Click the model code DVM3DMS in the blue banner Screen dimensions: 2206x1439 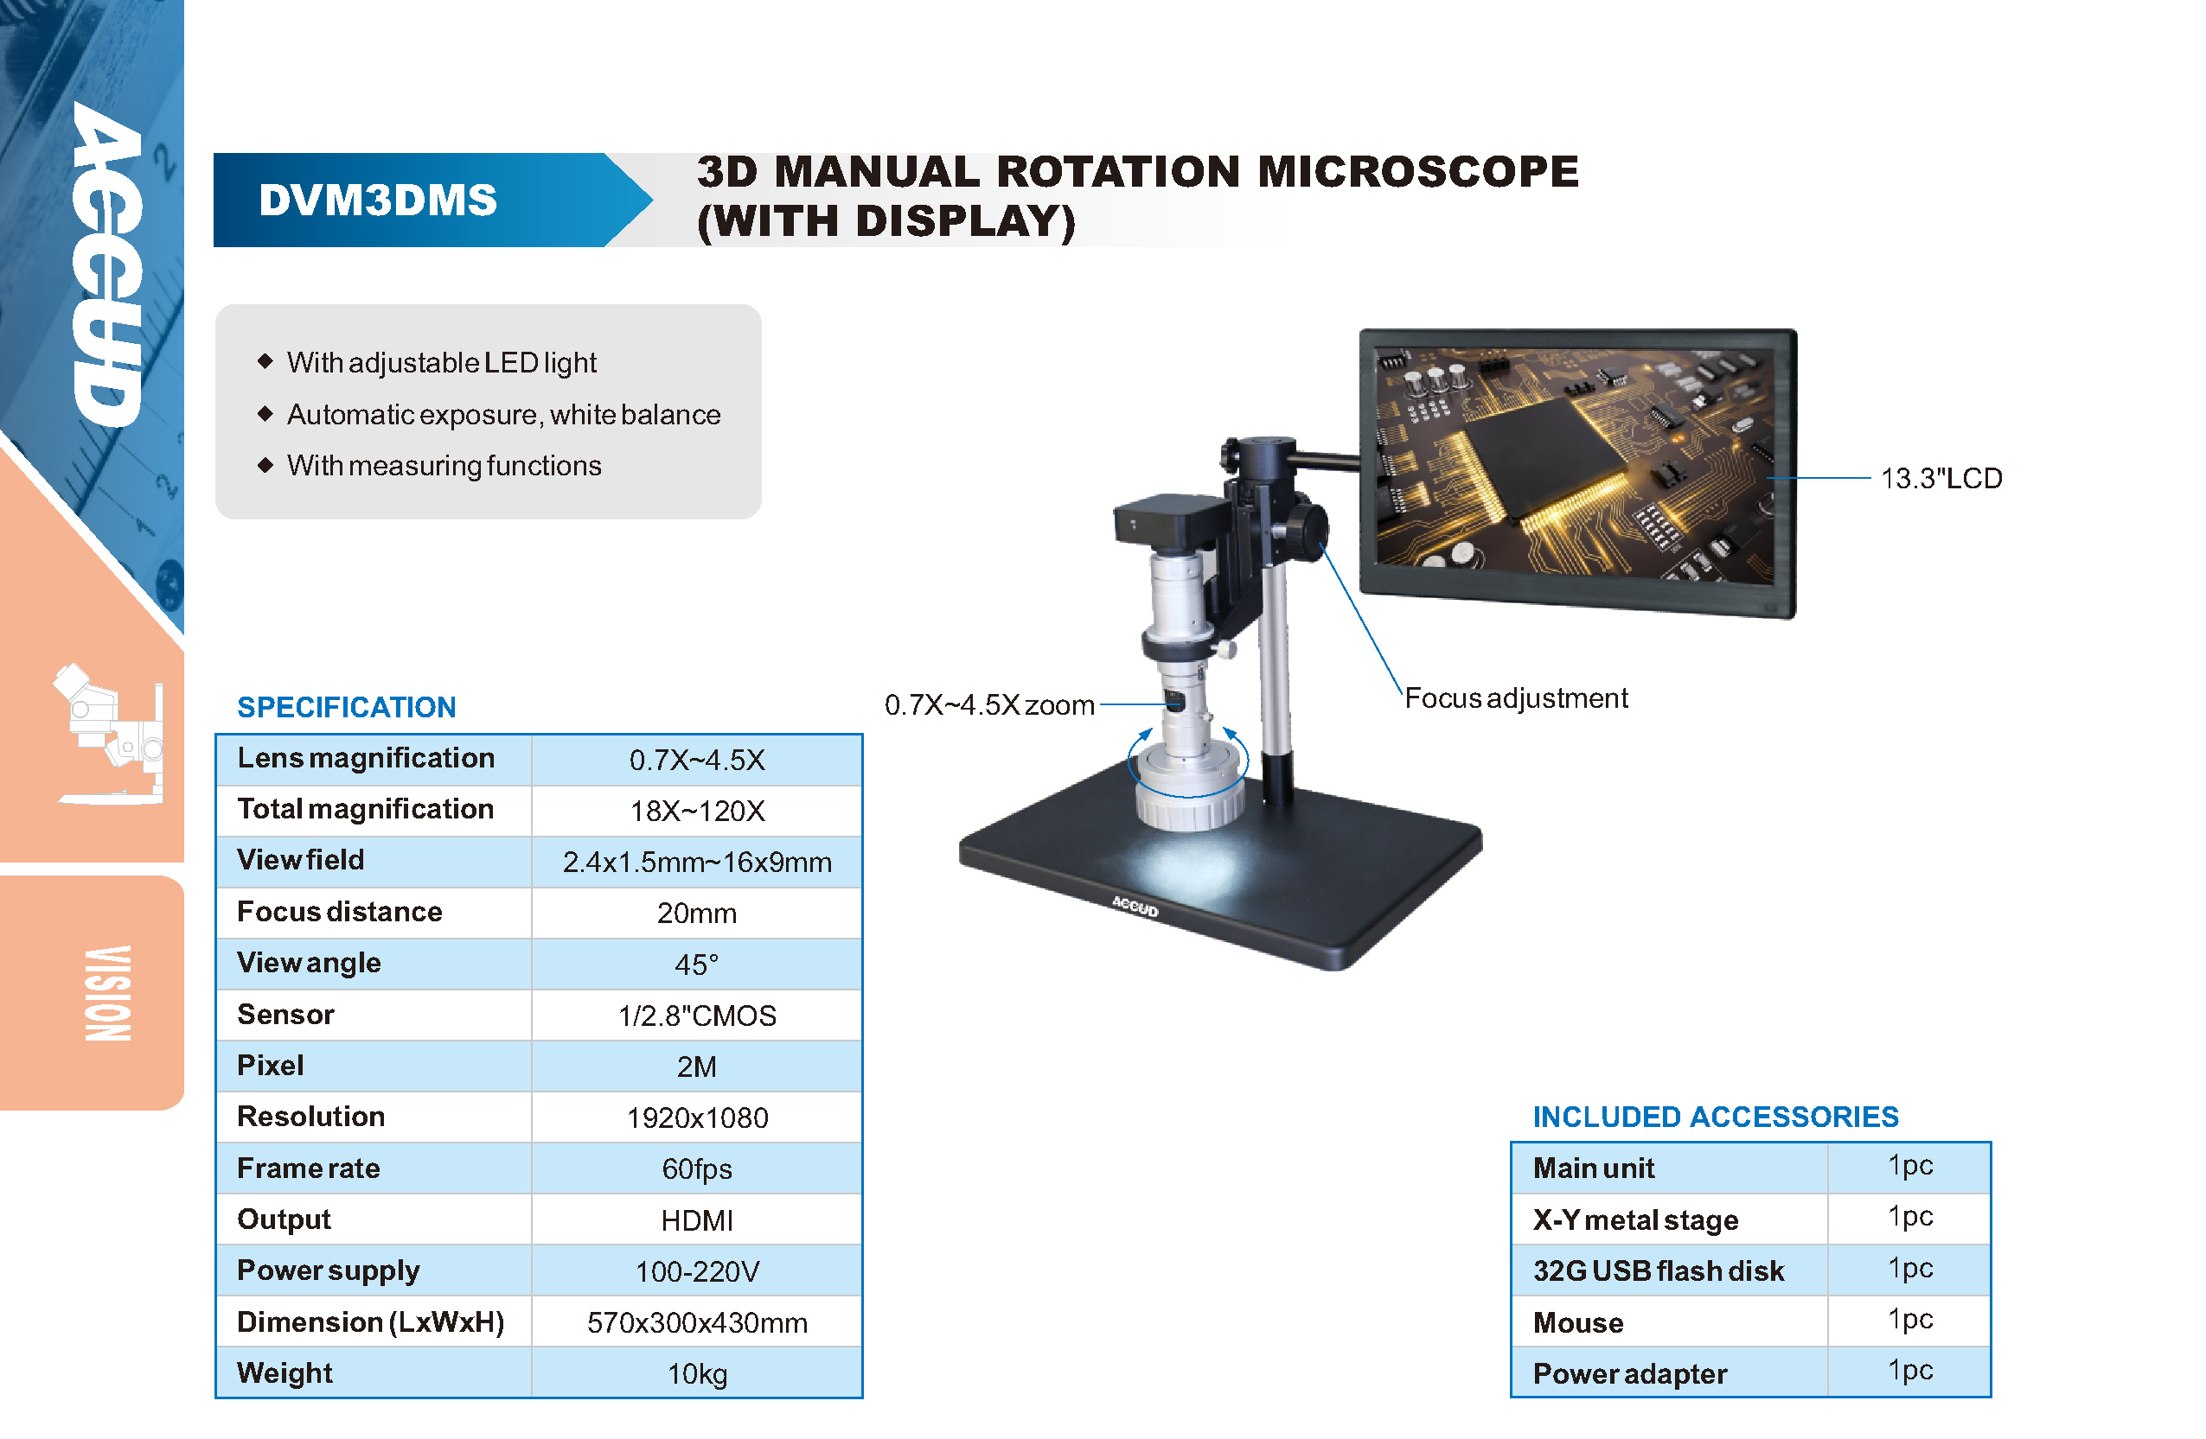pos(378,201)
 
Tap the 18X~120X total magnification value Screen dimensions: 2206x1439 pos(697,812)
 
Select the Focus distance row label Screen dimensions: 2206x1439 pos(339,912)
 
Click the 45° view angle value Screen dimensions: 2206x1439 pos(696,965)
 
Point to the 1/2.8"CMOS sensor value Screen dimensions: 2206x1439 pos(697,1016)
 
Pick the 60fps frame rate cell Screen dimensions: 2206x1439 pos(697,1169)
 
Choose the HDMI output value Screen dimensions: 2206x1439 pos(697,1221)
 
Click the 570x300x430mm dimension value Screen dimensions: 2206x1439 pos(697,1323)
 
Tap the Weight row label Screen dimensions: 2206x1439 pos(285,1373)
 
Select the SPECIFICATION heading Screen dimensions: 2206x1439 pos(347,708)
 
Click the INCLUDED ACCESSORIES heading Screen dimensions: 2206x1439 pos(1716,1117)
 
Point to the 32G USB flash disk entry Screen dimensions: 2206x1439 pos(1659,1271)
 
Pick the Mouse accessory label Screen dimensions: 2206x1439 pos(1577,1323)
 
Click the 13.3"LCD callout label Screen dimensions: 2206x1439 pos(1941,479)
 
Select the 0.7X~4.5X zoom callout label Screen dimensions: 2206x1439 pos(989,705)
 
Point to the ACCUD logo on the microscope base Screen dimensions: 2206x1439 pos(1135,907)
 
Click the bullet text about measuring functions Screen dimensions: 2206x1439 pos(444,466)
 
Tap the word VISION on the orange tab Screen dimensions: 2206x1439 pos(108,993)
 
